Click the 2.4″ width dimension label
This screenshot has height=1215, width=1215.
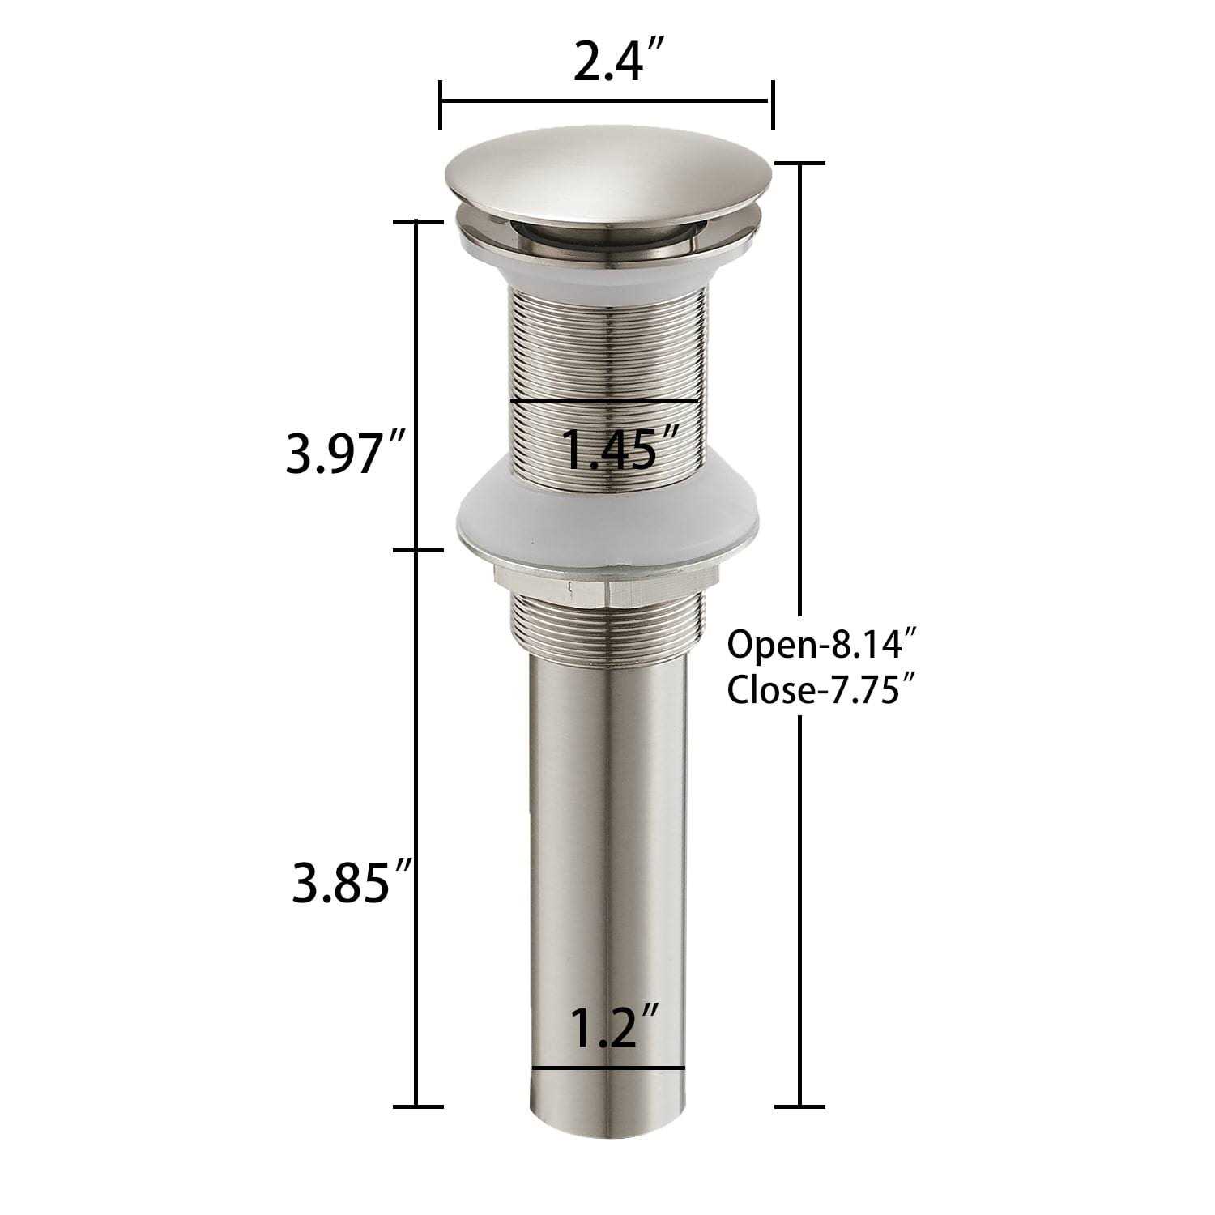coord(607,62)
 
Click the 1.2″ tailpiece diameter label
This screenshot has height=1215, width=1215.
coord(612,1027)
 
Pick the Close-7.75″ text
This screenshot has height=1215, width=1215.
coord(824,691)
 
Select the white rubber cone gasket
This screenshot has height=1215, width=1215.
coord(607,518)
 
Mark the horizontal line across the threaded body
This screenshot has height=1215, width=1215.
coord(604,400)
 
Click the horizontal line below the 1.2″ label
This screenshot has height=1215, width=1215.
coord(608,1068)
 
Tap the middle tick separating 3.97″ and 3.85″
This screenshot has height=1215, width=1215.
coord(417,551)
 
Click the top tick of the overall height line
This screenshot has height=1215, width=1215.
coord(800,164)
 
